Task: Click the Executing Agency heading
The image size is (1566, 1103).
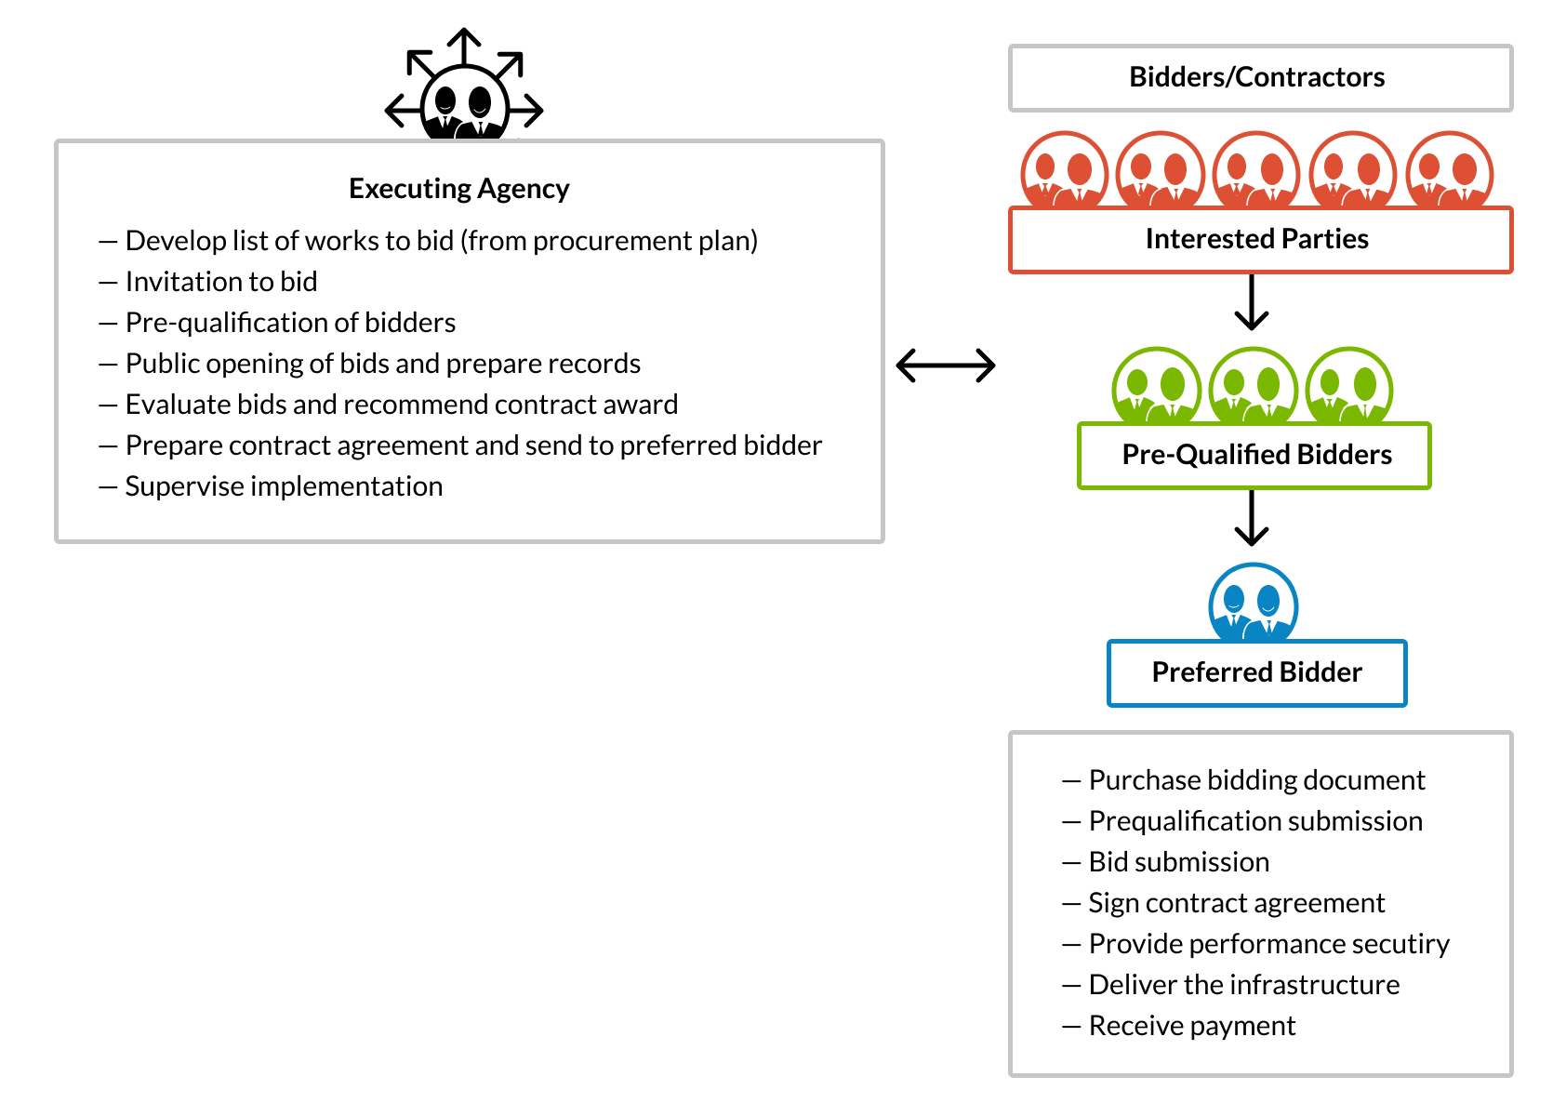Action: (x=458, y=189)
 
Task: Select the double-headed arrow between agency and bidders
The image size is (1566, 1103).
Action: (x=946, y=365)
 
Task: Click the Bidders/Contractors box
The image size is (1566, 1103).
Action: (x=1260, y=78)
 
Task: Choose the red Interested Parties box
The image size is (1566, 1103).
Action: (x=1260, y=240)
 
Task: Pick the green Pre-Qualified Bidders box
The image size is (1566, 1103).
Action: (x=1254, y=456)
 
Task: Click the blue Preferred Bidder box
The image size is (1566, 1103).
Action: (x=1256, y=672)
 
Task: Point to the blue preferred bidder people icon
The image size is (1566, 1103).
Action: (x=1253, y=604)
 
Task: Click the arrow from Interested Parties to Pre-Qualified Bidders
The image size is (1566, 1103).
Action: (x=1252, y=302)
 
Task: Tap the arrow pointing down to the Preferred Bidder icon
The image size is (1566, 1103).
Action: (x=1252, y=518)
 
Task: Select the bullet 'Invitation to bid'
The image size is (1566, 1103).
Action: (x=221, y=282)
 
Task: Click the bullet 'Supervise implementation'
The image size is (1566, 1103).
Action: (x=284, y=486)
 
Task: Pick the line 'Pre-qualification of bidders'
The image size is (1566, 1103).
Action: (x=290, y=323)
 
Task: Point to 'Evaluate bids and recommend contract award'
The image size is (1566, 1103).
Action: (x=401, y=405)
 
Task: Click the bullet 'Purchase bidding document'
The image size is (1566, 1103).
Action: (x=1256, y=780)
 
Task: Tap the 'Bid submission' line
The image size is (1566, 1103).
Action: (x=1178, y=862)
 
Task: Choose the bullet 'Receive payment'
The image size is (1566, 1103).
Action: (x=1191, y=1026)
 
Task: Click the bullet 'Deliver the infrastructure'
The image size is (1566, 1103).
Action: (x=1243, y=985)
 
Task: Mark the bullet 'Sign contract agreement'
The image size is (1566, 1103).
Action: (x=1236, y=903)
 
